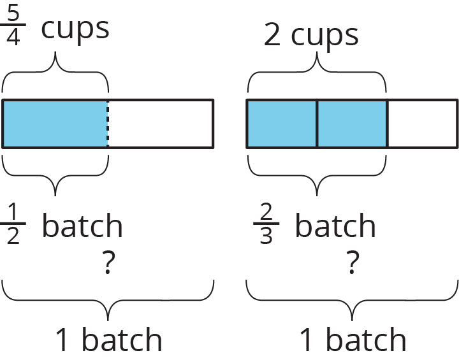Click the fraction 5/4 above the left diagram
13,27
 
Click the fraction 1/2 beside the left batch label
13,224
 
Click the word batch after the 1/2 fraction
82,226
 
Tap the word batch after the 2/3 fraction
335,226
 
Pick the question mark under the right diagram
351,262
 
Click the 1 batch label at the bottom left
108,340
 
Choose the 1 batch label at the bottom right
353,340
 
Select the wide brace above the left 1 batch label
108,299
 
